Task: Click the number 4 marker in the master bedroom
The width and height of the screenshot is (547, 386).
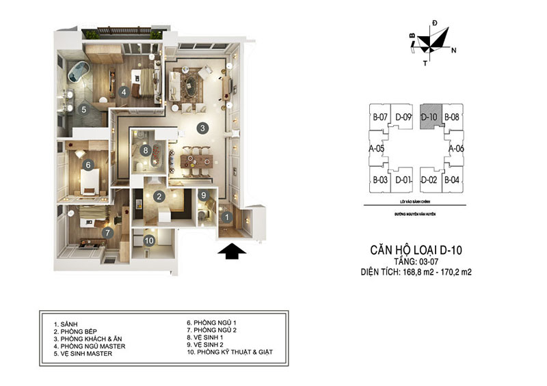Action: click(x=123, y=92)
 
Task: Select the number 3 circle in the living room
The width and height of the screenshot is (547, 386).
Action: click(x=202, y=127)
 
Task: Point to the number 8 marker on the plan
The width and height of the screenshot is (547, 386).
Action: click(x=145, y=150)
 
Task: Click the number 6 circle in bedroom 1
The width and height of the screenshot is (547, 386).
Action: click(x=88, y=164)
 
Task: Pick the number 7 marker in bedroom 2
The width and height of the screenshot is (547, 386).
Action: click(x=107, y=232)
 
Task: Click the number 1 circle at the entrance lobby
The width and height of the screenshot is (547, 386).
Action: click(x=226, y=218)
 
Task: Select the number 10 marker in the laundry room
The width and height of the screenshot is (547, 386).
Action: click(x=149, y=240)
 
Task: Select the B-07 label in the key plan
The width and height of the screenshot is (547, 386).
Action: click(x=381, y=117)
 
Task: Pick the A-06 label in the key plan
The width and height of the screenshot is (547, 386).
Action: click(x=456, y=148)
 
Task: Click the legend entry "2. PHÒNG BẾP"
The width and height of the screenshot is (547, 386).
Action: click(x=79, y=329)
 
